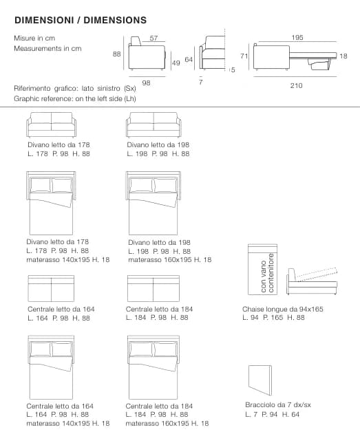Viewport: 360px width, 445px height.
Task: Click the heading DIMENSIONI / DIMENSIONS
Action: tap(81, 20)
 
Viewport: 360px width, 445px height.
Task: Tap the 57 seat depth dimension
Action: tap(153, 38)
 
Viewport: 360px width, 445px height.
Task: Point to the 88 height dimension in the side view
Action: tap(117, 54)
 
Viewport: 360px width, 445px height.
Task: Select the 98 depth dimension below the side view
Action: tap(146, 83)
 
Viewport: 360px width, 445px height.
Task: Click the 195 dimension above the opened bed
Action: tap(297, 37)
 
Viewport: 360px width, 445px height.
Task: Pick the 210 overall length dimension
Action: tap(296, 86)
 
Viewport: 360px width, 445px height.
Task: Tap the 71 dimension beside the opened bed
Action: tap(244, 56)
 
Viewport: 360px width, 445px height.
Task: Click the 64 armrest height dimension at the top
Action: tap(189, 60)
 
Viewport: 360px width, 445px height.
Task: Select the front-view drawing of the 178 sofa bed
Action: tap(52, 125)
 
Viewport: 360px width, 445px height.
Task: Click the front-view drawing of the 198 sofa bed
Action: tap(153, 125)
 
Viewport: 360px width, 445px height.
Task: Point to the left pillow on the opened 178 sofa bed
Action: tap(41, 185)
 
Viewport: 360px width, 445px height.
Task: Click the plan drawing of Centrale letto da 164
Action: tap(51, 288)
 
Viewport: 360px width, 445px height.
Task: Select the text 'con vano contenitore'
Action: tap(267, 273)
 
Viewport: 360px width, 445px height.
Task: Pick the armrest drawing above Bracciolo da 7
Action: tap(260, 380)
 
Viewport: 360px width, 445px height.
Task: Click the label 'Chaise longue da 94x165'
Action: tap(283, 309)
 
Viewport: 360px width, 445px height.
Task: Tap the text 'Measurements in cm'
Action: tap(47, 49)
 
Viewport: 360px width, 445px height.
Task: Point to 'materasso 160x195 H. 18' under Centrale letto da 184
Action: tap(167, 424)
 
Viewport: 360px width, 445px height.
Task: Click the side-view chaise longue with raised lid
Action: tap(313, 281)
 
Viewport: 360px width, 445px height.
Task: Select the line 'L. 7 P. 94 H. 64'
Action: tap(272, 414)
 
